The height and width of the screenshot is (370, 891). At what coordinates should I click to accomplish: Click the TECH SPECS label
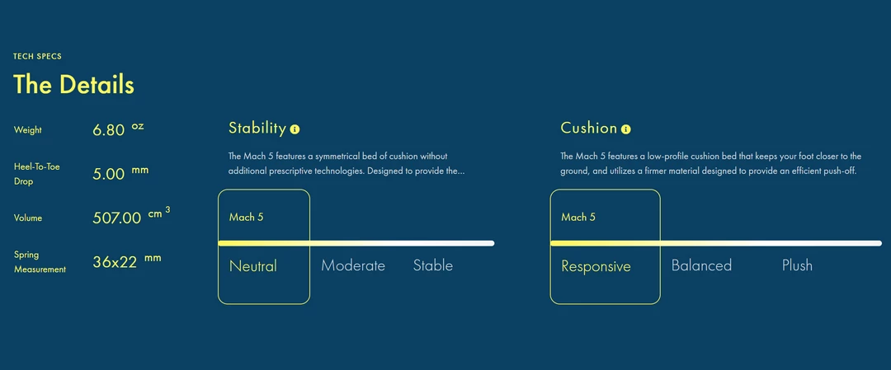click(37, 57)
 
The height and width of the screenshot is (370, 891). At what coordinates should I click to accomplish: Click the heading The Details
click(74, 85)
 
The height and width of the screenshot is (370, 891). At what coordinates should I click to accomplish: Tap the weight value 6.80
click(109, 130)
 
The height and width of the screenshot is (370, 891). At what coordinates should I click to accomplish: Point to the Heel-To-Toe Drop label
click(37, 175)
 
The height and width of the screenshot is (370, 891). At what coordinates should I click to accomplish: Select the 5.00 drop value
click(109, 174)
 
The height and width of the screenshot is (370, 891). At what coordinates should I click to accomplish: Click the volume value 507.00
click(117, 218)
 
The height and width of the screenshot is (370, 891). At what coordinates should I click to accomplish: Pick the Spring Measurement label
click(40, 262)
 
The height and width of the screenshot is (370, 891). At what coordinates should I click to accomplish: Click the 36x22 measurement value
click(115, 262)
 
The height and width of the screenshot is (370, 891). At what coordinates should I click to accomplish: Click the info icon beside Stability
click(295, 129)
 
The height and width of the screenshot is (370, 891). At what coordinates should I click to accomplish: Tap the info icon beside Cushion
click(626, 129)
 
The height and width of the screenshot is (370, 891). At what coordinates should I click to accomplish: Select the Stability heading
click(257, 129)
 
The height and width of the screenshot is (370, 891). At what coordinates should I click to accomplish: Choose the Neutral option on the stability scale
click(253, 265)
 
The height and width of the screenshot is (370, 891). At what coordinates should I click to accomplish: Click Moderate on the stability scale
click(353, 265)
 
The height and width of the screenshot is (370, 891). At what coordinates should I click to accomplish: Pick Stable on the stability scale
click(433, 265)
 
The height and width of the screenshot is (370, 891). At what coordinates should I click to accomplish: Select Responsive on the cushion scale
click(596, 266)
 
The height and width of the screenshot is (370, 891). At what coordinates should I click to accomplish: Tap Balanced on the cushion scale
click(701, 265)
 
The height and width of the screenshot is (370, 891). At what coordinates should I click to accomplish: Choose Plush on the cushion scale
click(797, 265)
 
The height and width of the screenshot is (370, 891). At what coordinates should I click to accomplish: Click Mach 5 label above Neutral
click(246, 217)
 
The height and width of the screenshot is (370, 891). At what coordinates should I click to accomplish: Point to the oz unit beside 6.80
click(138, 126)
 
